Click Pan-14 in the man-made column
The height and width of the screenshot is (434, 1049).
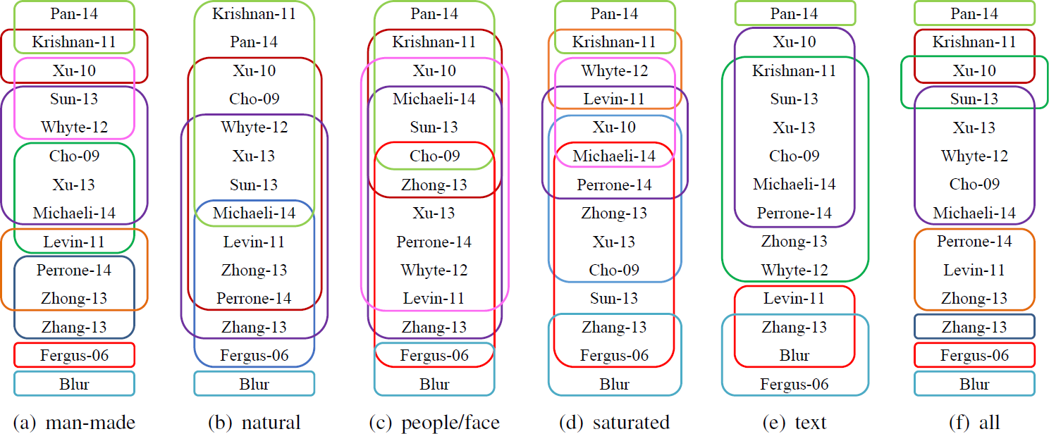tap(74, 13)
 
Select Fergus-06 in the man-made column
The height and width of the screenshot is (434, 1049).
tap(74, 355)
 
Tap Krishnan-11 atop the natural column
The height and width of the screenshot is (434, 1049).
tap(254, 13)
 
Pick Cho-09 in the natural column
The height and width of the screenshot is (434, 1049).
tap(254, 99)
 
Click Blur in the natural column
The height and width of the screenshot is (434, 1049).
tap(254, 384)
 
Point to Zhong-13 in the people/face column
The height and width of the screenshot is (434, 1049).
tap(434, 185)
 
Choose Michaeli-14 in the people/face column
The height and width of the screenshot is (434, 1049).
tap(434, 99)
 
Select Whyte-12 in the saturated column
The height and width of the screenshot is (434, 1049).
tap(615, 70)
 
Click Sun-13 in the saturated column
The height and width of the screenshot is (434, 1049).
tap(615, 298)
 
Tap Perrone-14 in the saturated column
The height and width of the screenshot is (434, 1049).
tap(615, 185)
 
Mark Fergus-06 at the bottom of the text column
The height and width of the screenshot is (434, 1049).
tap(795, 384)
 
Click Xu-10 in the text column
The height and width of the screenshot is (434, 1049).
tap(795, 42)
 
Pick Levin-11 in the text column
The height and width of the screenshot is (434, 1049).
tap(795, 298)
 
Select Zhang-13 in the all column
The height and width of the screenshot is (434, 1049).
tap(974, 327)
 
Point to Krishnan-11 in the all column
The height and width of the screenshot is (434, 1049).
tap(974, 42)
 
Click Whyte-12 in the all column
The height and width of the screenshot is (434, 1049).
tap(974, 156)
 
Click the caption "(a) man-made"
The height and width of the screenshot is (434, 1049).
tap(74, 423)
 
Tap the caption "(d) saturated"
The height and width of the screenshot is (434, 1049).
tap(615, 423)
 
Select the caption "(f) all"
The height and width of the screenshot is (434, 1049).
tap(974, 423)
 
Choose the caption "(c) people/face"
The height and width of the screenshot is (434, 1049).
tap(434, 423)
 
